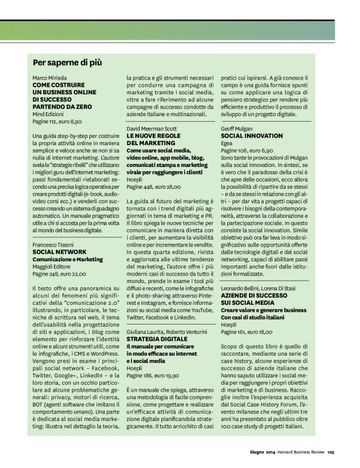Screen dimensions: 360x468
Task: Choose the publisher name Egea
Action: (227, 143)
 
